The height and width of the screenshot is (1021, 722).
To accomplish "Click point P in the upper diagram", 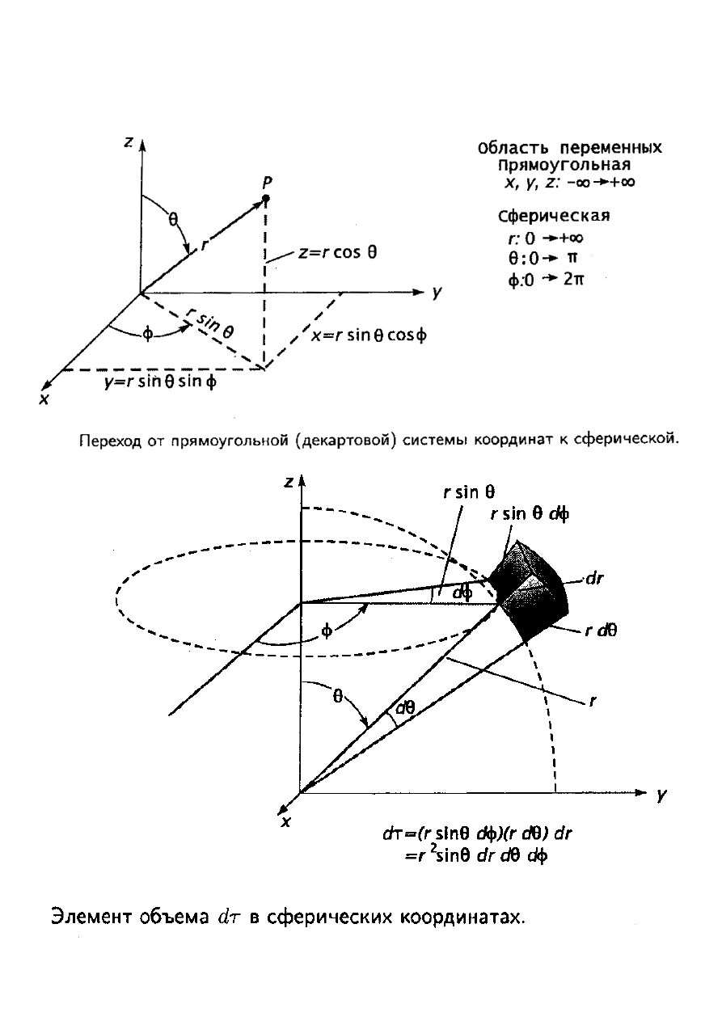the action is coord(266,198).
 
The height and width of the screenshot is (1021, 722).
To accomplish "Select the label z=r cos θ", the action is coord(338,252).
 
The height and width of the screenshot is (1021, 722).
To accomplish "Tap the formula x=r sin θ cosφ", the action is coord(369,335).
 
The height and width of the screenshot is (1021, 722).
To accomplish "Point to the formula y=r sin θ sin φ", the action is coord(160,381).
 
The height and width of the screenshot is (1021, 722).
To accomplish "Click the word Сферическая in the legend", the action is coord(554,216).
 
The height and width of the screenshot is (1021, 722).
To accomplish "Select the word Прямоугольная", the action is coord(564,165).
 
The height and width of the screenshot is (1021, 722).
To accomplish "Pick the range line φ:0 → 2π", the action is coord(546,279).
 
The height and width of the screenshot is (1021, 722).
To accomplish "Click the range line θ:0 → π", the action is coord(543,259).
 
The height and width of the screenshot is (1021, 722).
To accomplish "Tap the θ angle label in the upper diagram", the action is coord(173,219).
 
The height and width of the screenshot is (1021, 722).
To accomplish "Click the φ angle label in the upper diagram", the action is coord(148,334).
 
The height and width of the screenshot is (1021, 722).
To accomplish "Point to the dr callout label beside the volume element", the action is coord(594,579).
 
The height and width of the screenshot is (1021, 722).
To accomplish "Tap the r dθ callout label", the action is coord(601,631).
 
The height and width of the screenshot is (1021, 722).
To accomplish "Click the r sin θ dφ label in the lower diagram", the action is coord(530,515).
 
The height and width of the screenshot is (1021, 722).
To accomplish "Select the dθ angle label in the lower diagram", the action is coord(405,708).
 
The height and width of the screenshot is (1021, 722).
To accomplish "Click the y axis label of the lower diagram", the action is coord(661,795).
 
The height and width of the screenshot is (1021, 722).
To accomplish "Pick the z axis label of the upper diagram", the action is coord(129,142).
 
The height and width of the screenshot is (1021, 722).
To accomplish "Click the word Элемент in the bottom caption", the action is coord(92,917).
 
